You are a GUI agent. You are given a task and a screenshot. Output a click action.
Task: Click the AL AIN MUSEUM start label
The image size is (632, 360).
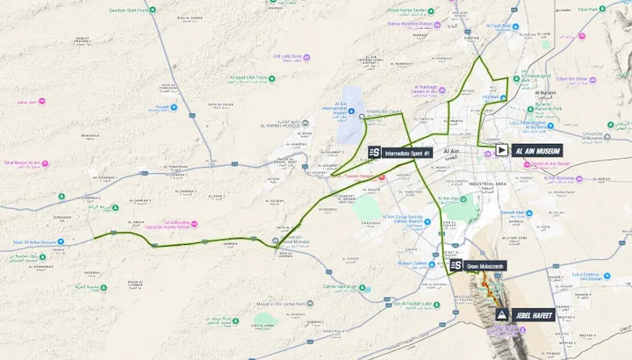(536, 150)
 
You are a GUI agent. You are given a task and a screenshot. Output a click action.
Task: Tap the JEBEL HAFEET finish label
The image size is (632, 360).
(534, 314)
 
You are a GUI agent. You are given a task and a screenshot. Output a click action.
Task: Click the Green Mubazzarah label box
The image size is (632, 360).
(485, 265)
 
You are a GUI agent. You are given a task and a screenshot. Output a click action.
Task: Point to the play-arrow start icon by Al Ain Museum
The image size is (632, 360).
(501, 150)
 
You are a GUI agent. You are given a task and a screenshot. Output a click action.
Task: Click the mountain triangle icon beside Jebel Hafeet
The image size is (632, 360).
(501, 314)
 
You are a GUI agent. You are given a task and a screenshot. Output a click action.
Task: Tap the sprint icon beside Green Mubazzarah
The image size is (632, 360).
(456, 265)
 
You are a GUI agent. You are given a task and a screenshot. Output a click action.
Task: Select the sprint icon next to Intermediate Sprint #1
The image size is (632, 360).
(375, 153)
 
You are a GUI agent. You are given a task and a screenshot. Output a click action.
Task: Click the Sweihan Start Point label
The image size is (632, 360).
(126, 11)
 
